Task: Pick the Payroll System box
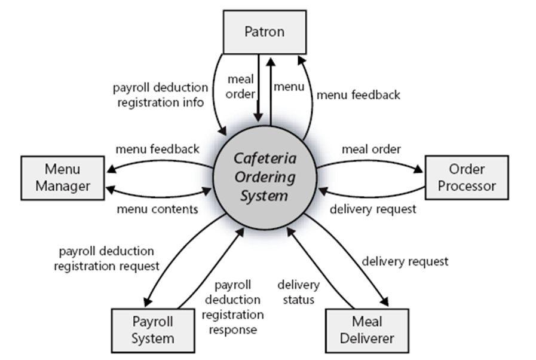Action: pyautogui.click(x=152, y=330)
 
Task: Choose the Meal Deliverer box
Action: pyautogui.click(x=367, y=330)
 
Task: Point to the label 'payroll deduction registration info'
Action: pyautogui.click(x=161, y=95)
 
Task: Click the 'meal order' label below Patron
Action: pyautogui.click(x=240, y=87)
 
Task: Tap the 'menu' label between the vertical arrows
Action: pyautogui.click(x=289, y=87)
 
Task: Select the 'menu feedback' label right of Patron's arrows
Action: pyautogui.click(x=358, y=94)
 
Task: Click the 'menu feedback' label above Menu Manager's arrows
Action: pyautogui.click(x=158, y=149)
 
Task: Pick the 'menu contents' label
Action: pyautogui.click(x=157, y=209)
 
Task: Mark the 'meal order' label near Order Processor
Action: pyautogui.click(x=371, y=149)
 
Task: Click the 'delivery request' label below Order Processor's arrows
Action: pyautogui.click(x=373, y=209)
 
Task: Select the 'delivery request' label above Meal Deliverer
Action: pyautogui.click(x=405, y=261)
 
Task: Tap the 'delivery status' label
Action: pyautogui.click(x=298, y=291)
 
